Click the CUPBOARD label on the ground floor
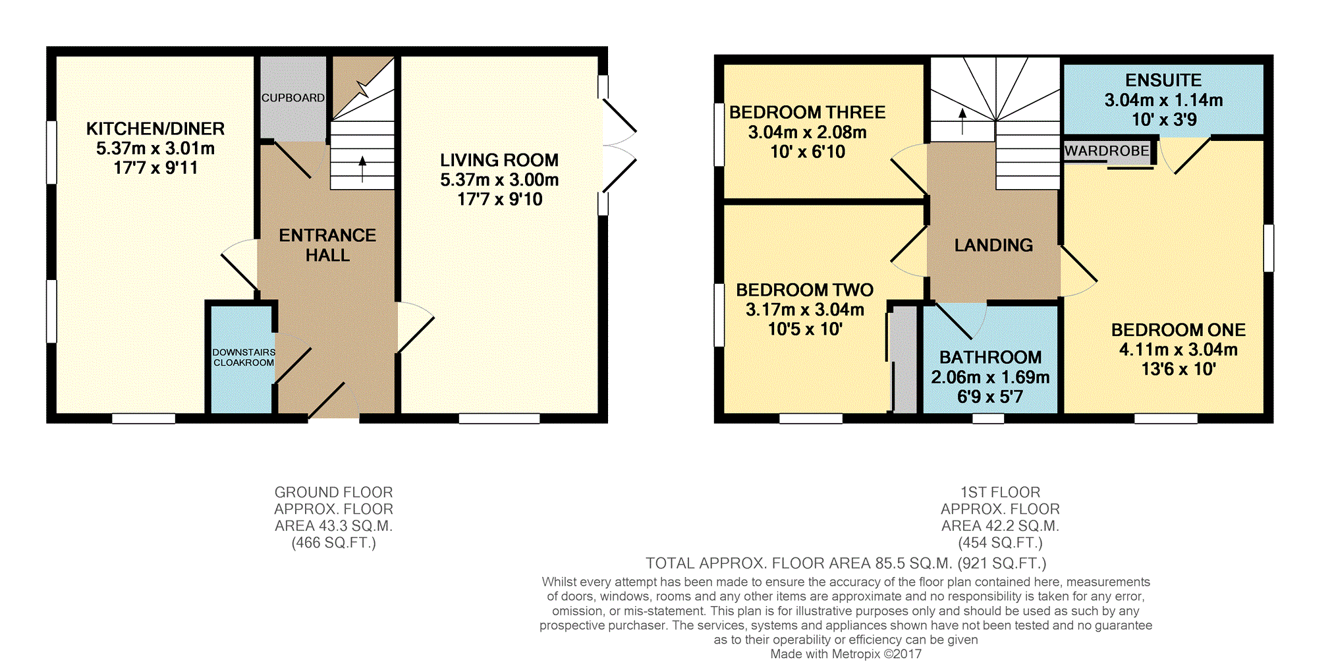tap(293, 97)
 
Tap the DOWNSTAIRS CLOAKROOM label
tap(244, 357)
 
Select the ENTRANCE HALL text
tap(327, 245)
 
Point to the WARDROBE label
tap(1107, 151)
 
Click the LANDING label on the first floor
tap(993, 245)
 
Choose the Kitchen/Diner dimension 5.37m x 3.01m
tap(155, 148)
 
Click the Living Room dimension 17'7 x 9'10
tap(500, 199)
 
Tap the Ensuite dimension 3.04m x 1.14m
tap(1163, 100)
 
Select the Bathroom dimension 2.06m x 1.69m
tap(990, 377)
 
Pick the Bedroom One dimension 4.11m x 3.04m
tap(1179, 349)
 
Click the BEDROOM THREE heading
tap(807, 112)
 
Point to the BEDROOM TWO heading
tap(804, 290)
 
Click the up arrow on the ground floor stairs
tap(362, 169)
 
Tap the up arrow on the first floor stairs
tap(962, 121)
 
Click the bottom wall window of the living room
tap(499, 418)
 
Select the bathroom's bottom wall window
tap(988, 418)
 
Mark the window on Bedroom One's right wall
tap(1268, 248)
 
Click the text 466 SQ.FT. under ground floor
tap(334, 543)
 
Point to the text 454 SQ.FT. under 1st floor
tap(1000, 543)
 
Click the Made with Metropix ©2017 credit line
tap(846, 654)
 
